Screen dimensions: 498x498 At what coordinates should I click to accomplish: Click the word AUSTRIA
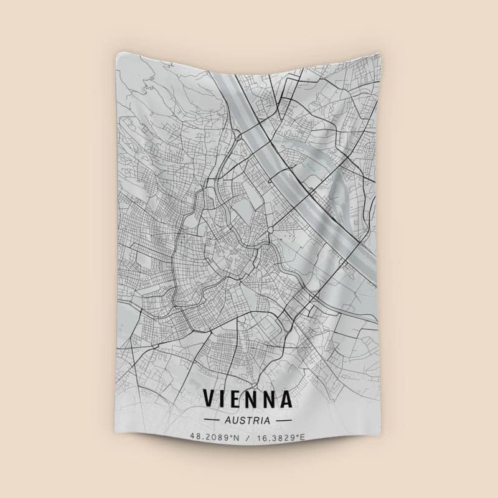[x=248, y=420]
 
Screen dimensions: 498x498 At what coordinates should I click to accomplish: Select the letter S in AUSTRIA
[x=243, y=420]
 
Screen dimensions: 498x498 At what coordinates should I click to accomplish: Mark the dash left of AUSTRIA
[x=212, y=420]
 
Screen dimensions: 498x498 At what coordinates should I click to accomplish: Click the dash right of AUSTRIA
[x=283, y=420]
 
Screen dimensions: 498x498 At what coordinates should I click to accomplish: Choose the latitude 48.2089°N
[x=215, y=437]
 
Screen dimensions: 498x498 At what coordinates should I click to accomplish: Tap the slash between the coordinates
[x=248, y=437]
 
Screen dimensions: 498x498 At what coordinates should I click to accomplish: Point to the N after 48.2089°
[x=237, y=437]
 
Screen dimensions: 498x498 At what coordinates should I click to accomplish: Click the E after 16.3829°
[x=303, y=437]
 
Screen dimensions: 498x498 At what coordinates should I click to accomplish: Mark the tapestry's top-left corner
[x=117, y=55]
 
